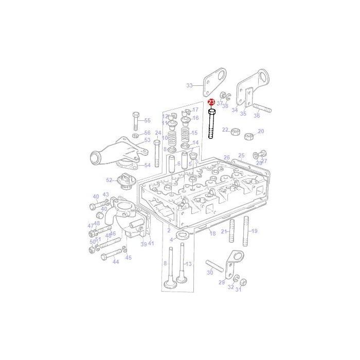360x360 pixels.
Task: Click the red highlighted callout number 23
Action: click(211, 103)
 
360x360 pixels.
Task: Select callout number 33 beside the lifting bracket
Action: click(189, 85)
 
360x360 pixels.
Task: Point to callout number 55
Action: click(147, 120)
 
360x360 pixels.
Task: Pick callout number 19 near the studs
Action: click(254, 231)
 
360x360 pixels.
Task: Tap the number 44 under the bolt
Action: click(116, 262)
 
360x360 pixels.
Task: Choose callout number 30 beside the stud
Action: click(209, 273)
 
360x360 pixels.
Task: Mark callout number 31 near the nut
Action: click(238, 290)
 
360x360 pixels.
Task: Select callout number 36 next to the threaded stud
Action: click(257, 116)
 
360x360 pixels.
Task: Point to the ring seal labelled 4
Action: click(182, 236)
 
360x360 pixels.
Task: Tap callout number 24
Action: click(143, 133)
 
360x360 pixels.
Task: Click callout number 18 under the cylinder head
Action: click(212, 233)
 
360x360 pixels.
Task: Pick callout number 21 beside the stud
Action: click(224, 231)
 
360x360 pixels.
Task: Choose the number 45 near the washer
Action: click(128, 258)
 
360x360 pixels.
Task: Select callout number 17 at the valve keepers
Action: click(195, 110)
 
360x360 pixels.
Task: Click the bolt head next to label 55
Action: click(135, 115)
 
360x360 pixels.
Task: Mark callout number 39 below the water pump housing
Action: click(143, 244)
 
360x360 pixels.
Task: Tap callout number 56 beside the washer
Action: click(147, 133)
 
